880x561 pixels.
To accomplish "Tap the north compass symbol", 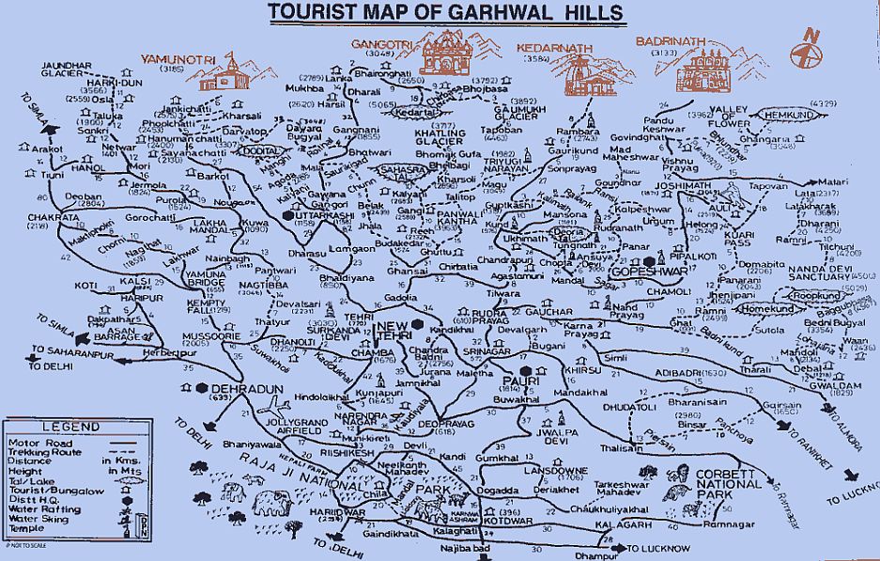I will click(807, 54).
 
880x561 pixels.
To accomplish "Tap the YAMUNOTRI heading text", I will click(174, 59).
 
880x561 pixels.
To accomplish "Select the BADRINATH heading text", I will click(669, 43).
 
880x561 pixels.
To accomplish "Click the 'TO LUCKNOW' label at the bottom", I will click(657, 548).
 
